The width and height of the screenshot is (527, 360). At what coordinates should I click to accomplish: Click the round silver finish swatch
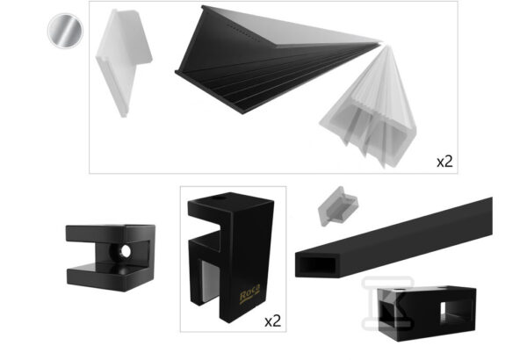(65, 31)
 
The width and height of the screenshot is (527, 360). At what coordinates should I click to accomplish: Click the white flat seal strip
(123, 61)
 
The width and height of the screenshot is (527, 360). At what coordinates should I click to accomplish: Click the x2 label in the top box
(444, 162)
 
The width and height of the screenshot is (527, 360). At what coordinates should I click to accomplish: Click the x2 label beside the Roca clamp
(272, 321)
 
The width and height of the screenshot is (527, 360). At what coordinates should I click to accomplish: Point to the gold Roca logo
(249, 294)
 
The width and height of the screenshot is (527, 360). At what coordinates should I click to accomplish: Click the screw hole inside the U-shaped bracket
(126, 251)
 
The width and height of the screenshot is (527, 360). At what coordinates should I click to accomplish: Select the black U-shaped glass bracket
(111, 258)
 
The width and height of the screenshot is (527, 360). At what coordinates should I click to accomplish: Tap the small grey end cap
(338, 206)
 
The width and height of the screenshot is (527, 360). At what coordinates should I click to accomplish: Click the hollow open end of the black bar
(318, 265)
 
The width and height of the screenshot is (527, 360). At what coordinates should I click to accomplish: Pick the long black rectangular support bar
(393, 238)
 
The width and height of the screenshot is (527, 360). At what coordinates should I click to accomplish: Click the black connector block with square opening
(427, 313)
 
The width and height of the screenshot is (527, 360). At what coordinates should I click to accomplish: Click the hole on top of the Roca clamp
(219, 198)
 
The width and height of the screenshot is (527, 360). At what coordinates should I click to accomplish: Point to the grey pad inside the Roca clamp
(209, 281)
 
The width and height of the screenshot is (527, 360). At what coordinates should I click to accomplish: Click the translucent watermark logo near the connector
(387, 303)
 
